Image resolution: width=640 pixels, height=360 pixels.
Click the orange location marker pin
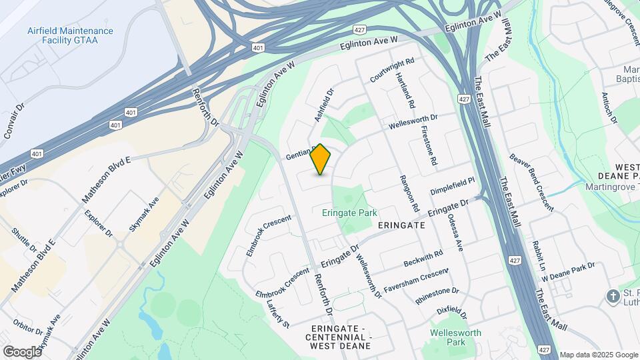321,159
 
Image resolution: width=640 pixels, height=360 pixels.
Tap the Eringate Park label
349,213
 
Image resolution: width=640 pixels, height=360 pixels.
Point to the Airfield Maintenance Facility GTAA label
71,36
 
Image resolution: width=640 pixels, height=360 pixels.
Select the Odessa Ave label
455,232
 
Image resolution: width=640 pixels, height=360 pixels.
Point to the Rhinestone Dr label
437,295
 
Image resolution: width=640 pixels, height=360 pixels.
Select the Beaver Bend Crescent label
531,182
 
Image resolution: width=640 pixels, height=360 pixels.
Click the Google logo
22,351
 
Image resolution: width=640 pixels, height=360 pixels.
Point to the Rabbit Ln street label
535,258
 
